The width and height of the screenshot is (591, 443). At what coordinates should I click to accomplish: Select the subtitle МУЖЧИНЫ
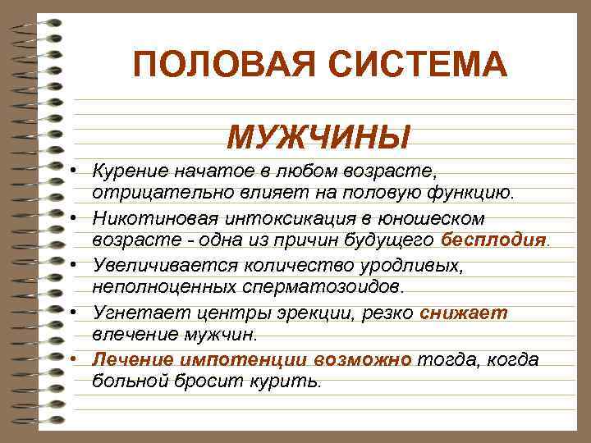[x=319, y=137]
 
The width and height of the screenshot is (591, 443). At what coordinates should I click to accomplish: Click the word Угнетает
[x=131, y=313]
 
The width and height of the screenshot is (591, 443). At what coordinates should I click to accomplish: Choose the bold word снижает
[x=464, y=313]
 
